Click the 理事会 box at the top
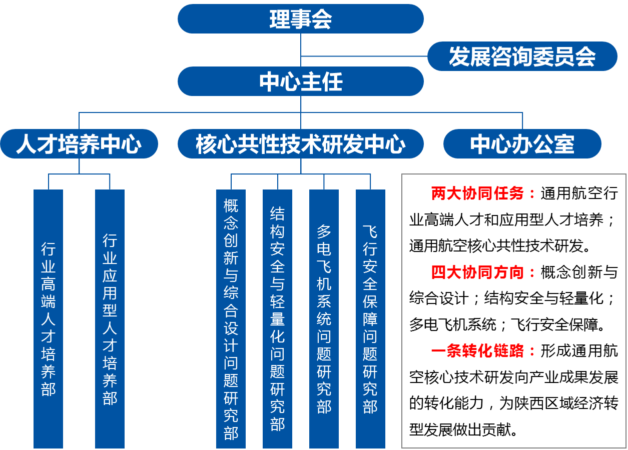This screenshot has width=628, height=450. point(300,19)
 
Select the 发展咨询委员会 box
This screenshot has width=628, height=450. point(522,56)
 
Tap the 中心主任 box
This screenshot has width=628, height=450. point(300,81)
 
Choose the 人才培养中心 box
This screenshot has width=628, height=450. point(79,144)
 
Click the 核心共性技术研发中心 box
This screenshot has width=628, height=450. point(300,144)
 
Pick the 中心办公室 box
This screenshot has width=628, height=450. point(522,144)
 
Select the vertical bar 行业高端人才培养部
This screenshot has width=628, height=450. point(48,319)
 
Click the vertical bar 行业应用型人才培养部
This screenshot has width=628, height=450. point(110,319)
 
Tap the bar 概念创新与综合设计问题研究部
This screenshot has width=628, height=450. point(231,319)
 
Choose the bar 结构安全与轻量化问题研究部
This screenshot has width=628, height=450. point(277,319)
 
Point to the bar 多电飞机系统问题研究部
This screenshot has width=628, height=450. point(324,319)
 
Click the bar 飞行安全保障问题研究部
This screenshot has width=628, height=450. point(370,319)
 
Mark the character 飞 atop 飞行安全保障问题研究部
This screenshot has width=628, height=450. point(370,231)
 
